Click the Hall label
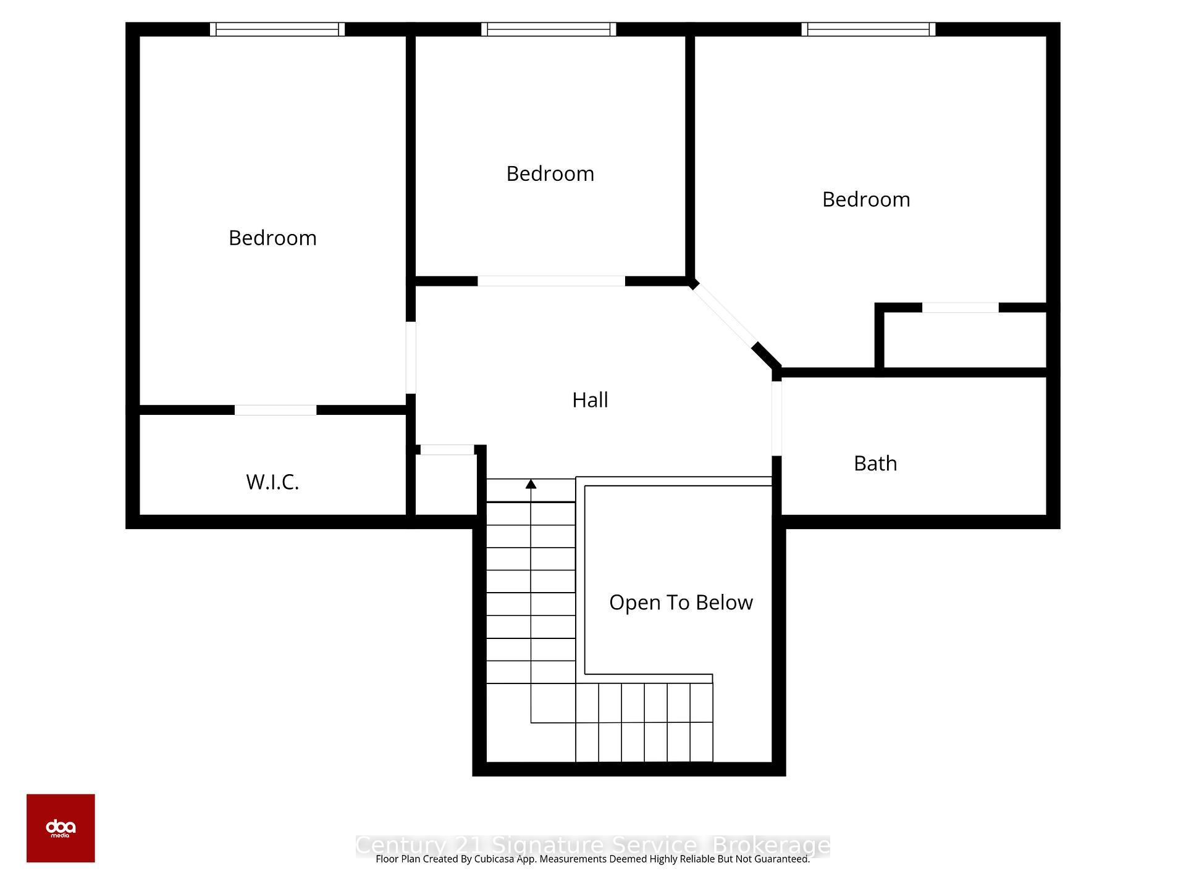click(590, 400)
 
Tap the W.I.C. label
click(272, 482)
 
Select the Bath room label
click(875, 463)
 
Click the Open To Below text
click(681, 603)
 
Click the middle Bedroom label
click(550, 173)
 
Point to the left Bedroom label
click(272, 238)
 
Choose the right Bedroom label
click(866, 199)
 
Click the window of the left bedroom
click(277, 29)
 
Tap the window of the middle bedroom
click(549, 29)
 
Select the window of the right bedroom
click(868, 29)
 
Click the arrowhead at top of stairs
click(531, 484)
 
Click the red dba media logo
click(61, 828)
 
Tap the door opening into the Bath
click(776, 418)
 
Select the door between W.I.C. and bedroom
click(275, 410)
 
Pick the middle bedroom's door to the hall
click(551, 281)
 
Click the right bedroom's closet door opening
click(960, 307)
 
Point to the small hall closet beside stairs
click(446, 485)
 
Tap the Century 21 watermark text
click(592, 845)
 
